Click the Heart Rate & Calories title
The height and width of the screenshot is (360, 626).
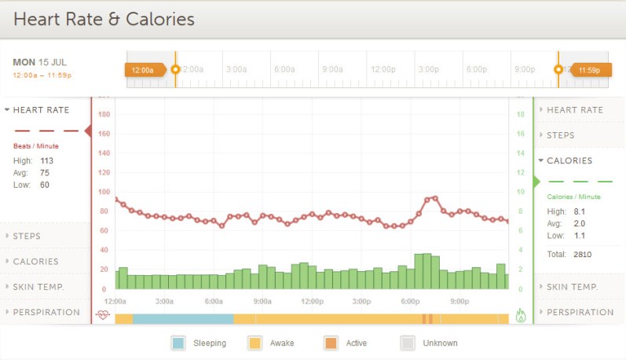tap(104, 19)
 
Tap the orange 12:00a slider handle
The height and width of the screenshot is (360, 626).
tap(144, 70)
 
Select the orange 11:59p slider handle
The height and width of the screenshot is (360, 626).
tap(589, 70)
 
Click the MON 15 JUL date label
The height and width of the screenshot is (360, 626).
tap(41, 61)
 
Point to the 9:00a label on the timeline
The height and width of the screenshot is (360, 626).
tap(333, 69)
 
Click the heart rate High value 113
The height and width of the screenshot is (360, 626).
tap(46, 160)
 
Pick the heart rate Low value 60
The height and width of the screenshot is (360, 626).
tap(45, 185)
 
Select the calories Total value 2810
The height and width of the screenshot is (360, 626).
tap(582, 254)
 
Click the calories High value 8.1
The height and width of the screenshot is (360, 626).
tap(580, 211)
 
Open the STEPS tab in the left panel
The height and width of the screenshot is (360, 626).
tap(27, 236)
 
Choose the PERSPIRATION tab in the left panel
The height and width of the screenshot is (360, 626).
tap(46, 312)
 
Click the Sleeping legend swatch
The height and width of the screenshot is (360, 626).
tap(178, 343)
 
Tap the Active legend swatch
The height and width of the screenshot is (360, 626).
tap(331, 343)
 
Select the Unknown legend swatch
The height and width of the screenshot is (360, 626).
tap(408, 343)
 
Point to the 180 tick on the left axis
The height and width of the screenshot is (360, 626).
tap(104, 114)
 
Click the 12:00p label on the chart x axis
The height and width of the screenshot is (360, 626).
tap(312, 301)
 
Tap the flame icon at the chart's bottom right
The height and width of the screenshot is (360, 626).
tap(521, 316)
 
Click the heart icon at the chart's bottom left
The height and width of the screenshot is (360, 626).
tap(103, 316)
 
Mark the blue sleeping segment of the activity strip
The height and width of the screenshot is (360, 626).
tap(182, 318)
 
